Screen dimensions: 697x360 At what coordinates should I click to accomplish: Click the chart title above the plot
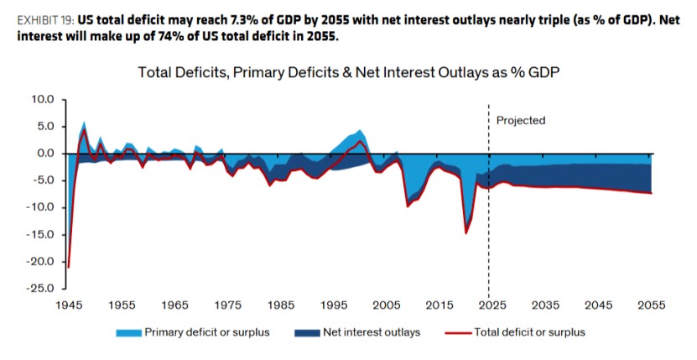coord(348,72)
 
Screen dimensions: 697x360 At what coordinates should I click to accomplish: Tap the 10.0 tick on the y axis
coord(43,99)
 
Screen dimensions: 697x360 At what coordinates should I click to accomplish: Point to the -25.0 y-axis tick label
coord(39,288)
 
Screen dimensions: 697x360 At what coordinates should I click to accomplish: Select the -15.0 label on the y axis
coord(39,234)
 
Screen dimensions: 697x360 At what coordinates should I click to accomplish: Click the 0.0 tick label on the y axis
coord(45,153)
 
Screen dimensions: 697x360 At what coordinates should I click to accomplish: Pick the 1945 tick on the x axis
coord(69,305)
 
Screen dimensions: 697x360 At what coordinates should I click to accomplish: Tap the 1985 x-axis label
coord(281,305)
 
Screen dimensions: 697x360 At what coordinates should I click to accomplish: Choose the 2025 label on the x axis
coord(493,305)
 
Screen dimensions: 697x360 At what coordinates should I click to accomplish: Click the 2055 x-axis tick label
coord(652,305)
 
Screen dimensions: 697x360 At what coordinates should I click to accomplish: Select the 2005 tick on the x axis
coord(387,305)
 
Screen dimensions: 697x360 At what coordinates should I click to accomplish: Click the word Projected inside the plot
coord(521,121)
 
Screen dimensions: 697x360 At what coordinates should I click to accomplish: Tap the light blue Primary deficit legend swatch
coord(129,333)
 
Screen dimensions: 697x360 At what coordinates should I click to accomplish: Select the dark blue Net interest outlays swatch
coord(307,333)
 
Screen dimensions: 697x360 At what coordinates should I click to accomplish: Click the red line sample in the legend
coord(458,332)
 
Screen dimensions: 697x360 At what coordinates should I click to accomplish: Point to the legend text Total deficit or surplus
coord(529,332)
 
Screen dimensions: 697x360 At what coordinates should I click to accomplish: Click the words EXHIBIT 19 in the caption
coord(46,20)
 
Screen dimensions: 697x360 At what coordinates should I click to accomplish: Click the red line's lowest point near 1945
coord(69,268)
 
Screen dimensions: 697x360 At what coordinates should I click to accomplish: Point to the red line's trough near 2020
coord(466,233)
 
